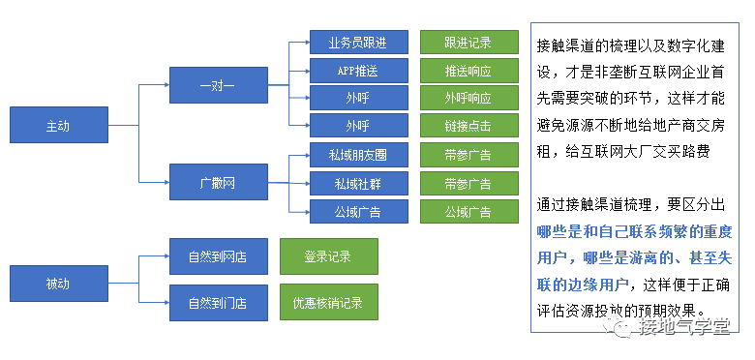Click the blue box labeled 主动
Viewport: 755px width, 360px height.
[58, 126]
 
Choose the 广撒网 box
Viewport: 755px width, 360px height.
[218, 182]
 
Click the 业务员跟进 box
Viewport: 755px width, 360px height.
[357, 42]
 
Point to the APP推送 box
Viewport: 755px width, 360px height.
[357, 70]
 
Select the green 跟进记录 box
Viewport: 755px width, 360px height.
[468, 42]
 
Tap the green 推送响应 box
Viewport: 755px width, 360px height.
[468, 70]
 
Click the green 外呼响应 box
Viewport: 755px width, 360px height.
[468, 98]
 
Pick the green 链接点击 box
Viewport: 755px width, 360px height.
[468, 126]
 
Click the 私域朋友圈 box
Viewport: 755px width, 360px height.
[357, 155]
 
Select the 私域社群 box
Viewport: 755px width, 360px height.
[357, 183]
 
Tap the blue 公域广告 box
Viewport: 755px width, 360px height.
[357, 211]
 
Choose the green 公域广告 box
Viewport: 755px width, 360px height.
[468, 211]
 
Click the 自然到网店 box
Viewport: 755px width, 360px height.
[218, 256]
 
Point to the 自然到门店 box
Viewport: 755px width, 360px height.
[218, 303]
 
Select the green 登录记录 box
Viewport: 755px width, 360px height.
[328, 256]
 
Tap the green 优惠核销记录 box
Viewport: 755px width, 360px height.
[328, 303]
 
